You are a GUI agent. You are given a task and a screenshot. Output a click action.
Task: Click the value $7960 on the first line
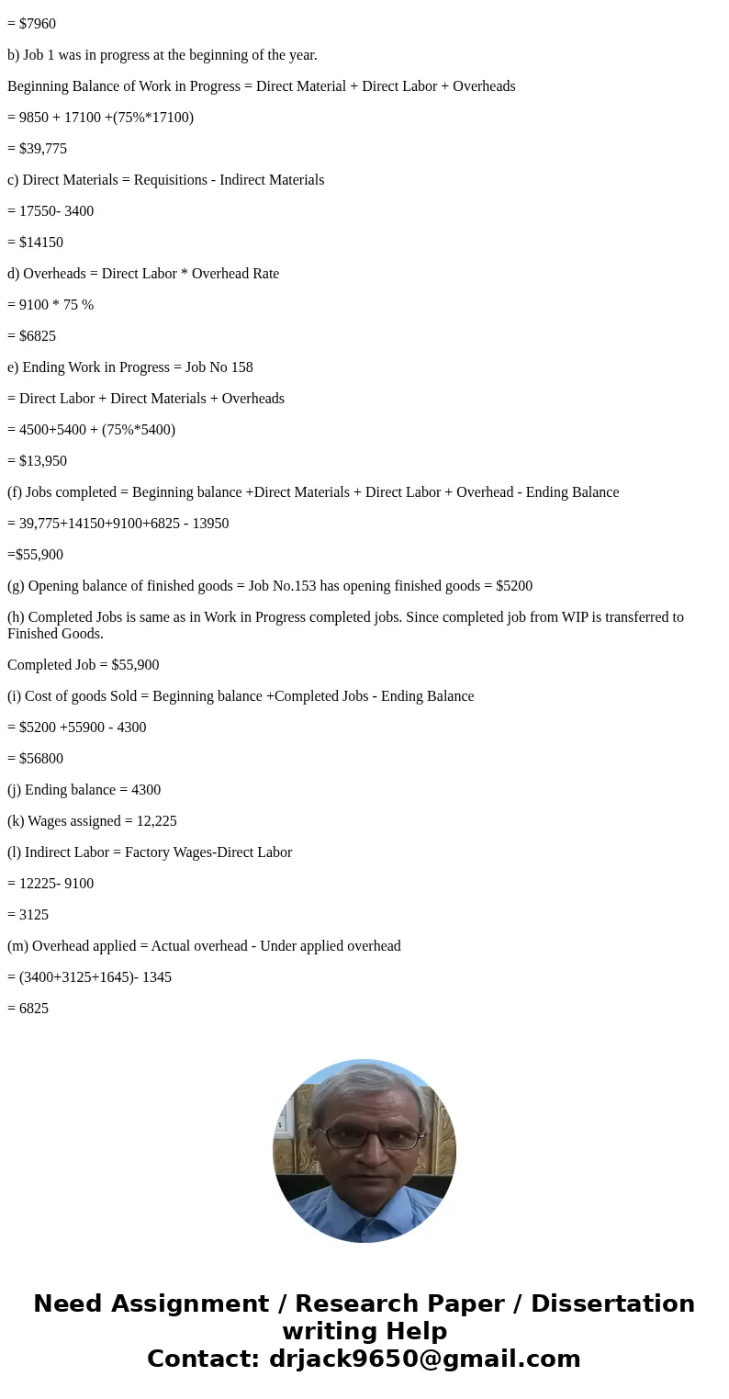point(37,24)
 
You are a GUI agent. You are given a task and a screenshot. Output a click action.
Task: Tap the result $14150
point(40,243)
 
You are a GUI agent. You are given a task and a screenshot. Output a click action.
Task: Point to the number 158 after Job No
point(241,367)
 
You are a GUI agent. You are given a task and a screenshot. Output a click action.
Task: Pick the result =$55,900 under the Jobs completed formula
point(35,555)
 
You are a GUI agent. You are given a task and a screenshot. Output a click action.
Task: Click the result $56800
point(40,759)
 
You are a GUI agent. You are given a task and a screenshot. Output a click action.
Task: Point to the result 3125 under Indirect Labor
point(33,915)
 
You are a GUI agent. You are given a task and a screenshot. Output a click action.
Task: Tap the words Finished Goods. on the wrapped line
point(55,634)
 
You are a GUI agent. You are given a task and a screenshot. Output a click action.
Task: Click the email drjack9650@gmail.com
point(424,1359)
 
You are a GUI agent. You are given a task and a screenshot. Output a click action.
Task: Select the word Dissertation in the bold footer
point(612,1303)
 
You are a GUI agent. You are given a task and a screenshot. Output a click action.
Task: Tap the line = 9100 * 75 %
point(50,305)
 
